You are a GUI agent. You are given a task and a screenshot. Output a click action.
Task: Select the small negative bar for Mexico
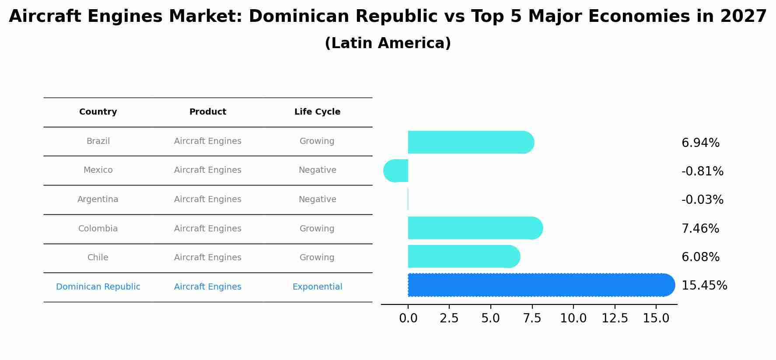click(396, 171)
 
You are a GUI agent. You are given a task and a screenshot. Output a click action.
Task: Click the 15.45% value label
click(704, 286)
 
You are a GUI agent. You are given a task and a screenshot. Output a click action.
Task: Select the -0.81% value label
click(702, 171)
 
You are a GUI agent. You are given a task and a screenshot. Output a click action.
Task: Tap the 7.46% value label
click(700, 228)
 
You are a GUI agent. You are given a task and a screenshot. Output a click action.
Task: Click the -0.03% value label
click(702, 200)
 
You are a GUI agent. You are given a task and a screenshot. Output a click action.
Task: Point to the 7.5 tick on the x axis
click(532, 318)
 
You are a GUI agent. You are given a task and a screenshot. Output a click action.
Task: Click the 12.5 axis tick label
click(615, 318)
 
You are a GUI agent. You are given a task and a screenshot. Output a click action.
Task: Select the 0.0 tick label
click(408, 318)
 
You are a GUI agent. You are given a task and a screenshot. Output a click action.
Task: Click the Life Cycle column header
click(317, 112)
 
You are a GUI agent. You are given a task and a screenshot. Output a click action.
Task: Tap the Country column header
click(98, 112)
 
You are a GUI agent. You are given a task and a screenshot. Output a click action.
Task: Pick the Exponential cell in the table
click(317, 287)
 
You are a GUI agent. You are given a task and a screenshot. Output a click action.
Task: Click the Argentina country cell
click(98, 199)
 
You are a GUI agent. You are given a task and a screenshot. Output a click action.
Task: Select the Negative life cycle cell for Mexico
click(317, 170)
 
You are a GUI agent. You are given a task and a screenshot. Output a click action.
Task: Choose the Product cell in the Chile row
click(207, 258)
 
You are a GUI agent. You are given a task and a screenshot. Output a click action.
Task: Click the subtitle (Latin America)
click(388, 43)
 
